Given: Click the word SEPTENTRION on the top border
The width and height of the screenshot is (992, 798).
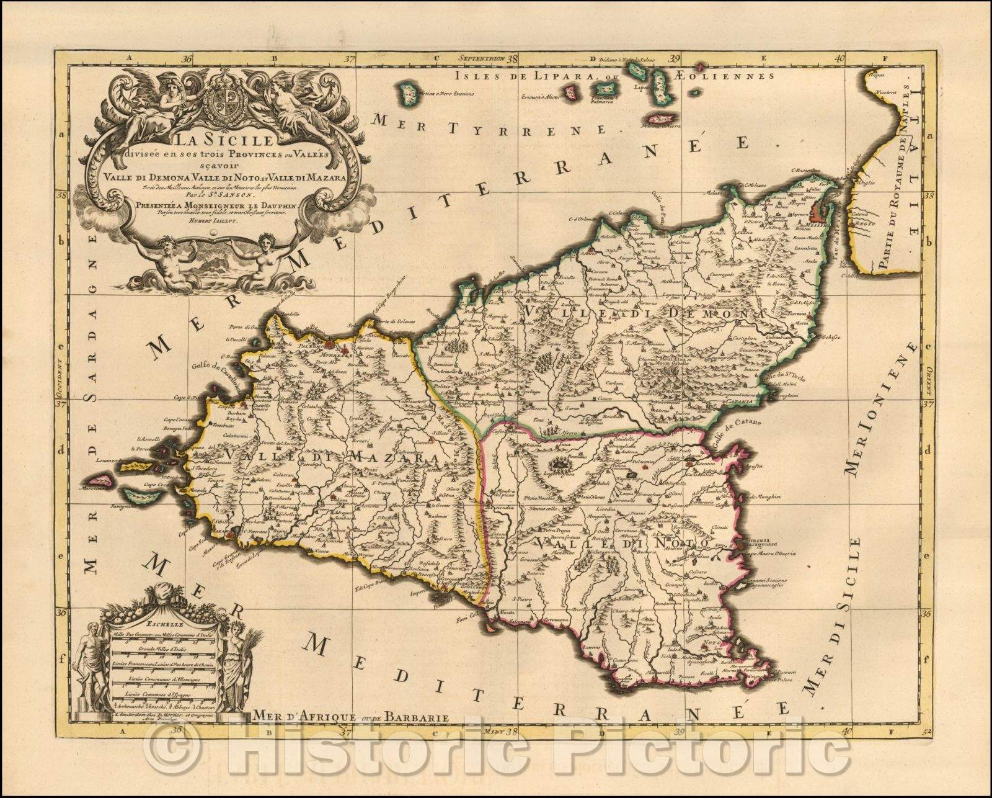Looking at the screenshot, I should (x=479, y=59).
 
